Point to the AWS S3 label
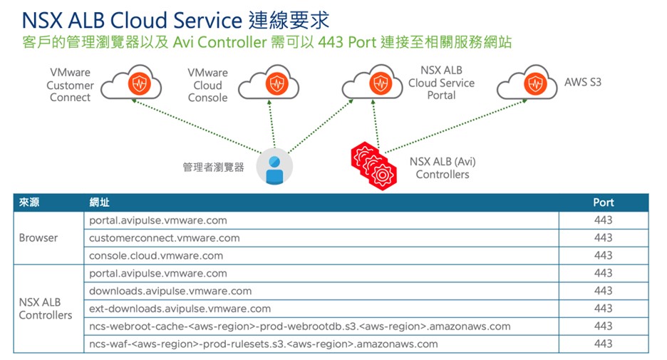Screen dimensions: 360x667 [583, 82]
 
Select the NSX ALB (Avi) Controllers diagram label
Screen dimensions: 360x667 [442, 168]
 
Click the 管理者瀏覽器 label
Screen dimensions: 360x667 [213, 167]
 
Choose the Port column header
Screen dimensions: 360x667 [603, 202]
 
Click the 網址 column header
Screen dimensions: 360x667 [100, 202]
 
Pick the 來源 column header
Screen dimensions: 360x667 [29, 202]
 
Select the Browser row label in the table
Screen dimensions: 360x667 [38, 238]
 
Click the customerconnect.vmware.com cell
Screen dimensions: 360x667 [164, 238]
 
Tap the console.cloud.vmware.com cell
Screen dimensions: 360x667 [156, 255]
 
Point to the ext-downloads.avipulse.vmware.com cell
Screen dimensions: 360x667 [180, 309]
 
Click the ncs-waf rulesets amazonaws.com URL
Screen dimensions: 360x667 [263, 344]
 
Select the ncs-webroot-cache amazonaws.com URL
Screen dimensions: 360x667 [299, 326]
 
